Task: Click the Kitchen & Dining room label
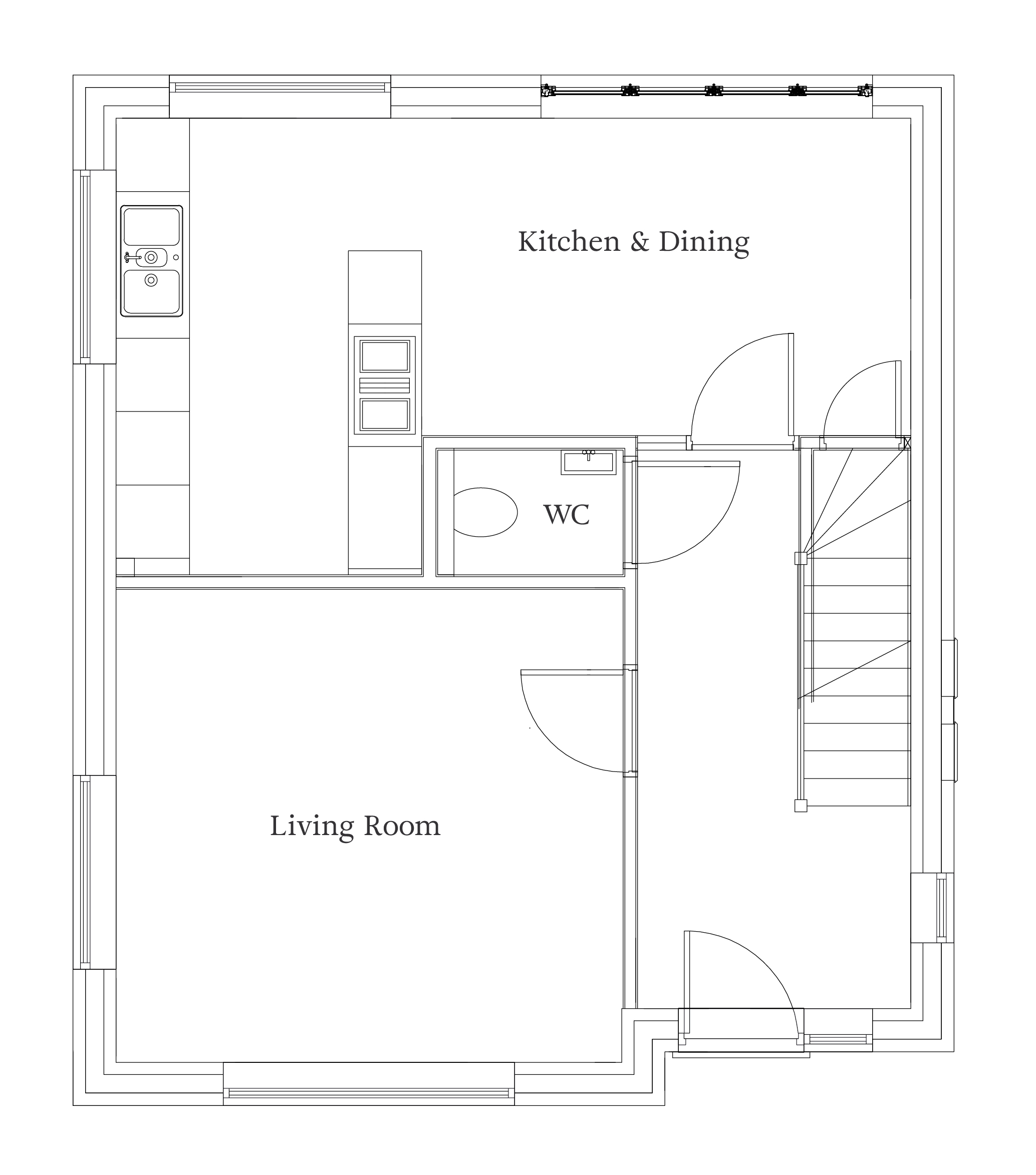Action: click(x=633, y=242)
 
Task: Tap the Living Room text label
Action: click(x=355, y=826)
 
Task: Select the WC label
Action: click(x=567, y=515)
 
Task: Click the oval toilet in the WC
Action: click(x=485, y=512)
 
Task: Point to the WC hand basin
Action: click(x=589, y=462)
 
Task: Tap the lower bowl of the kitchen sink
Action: click(x=152, y=291)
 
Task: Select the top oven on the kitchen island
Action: click(x=385, y=356)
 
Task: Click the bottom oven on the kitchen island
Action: click(x=385, y=415)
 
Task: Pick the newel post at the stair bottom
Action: click(x=801, y=806)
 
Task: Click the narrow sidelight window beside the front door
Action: click(x=838, y=1039)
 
